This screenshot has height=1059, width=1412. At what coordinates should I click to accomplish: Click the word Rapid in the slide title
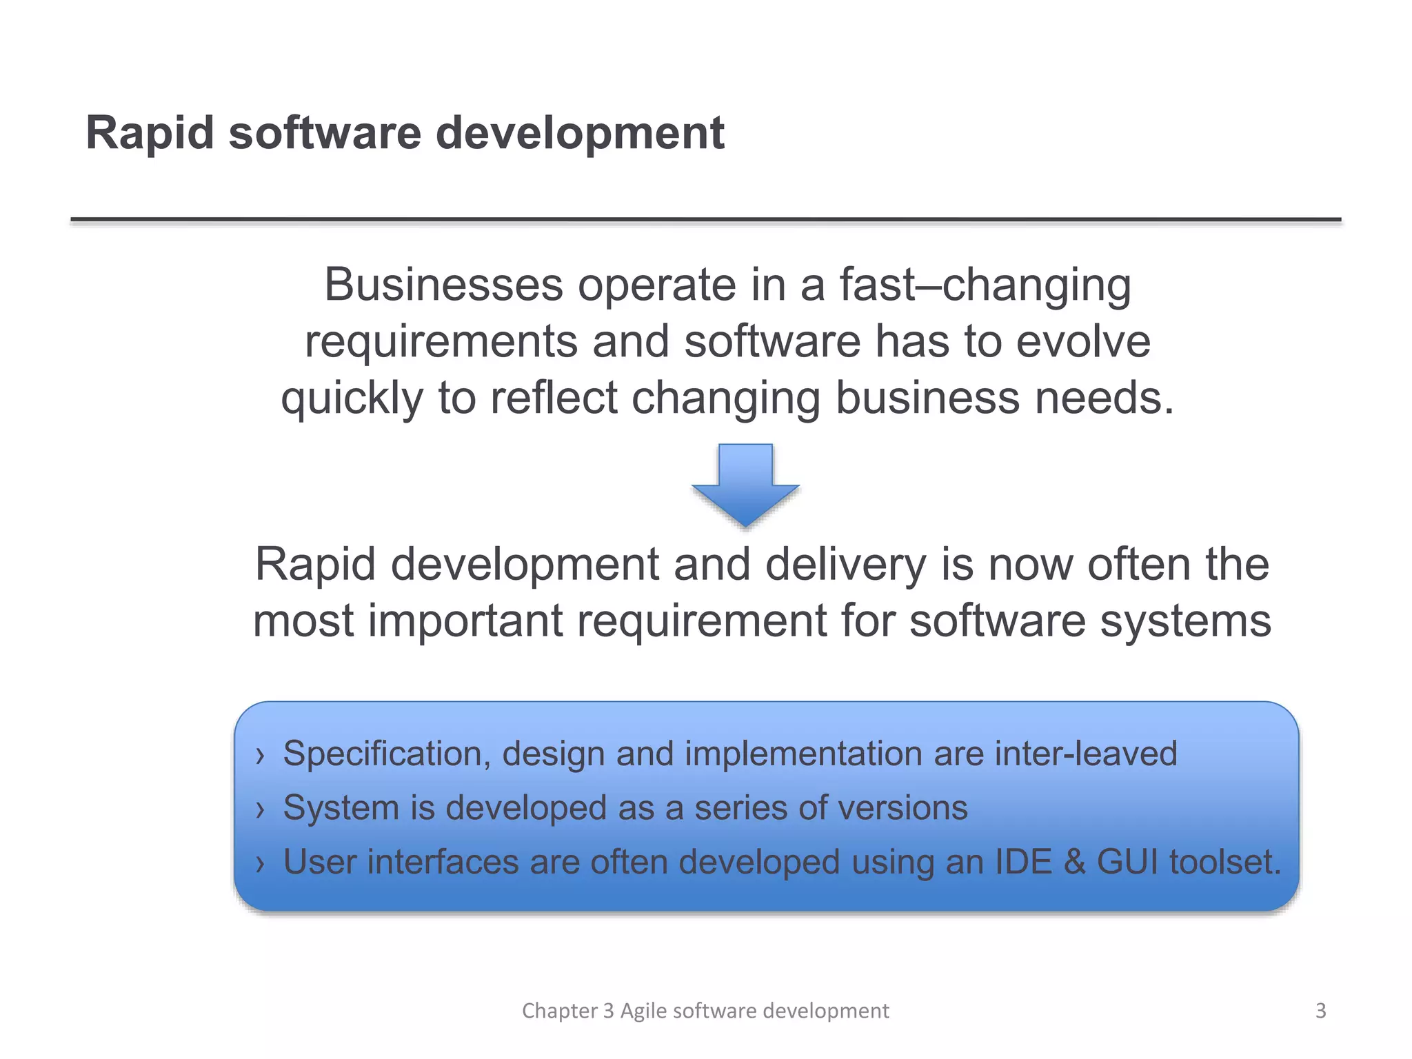click(150, 133)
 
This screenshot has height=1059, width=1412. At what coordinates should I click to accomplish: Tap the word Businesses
click(443, 285)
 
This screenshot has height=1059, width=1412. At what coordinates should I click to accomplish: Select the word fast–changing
click(985, 285)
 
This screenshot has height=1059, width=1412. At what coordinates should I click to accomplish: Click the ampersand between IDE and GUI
click(1075, 862)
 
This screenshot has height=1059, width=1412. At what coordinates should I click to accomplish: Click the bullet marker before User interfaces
click(260, 863)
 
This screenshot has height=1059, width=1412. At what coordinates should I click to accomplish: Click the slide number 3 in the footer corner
click(1320, 1011)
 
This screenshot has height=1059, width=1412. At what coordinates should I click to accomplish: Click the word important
click(466, 621)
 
